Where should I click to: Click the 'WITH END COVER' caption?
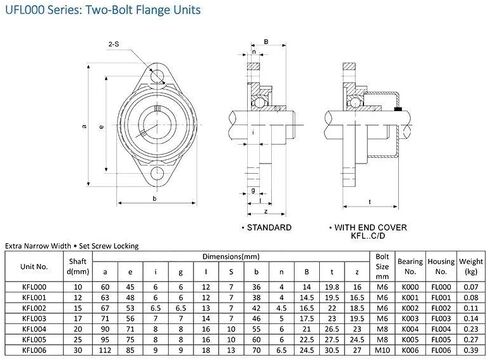coord(374,228)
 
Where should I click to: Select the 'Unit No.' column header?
coord(35,268)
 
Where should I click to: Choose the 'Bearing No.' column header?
coord(407,268)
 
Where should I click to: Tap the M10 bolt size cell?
coord(381,350)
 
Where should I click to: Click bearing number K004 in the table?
coord(407,328)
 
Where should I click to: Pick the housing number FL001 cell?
coord(437,295)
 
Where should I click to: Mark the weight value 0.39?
coord(467,350)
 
